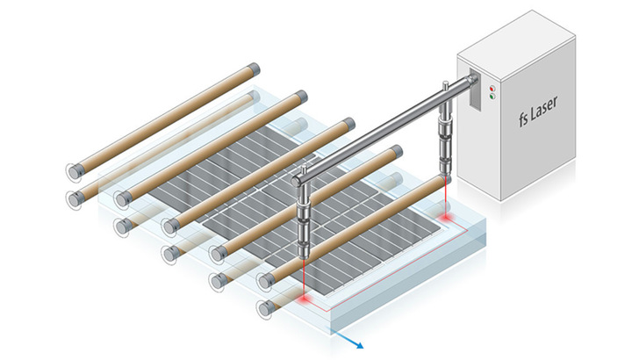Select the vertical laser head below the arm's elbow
point(304,224)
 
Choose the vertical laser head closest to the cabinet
point(447,140)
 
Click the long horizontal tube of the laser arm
point(377,132)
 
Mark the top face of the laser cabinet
point(518,44)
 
